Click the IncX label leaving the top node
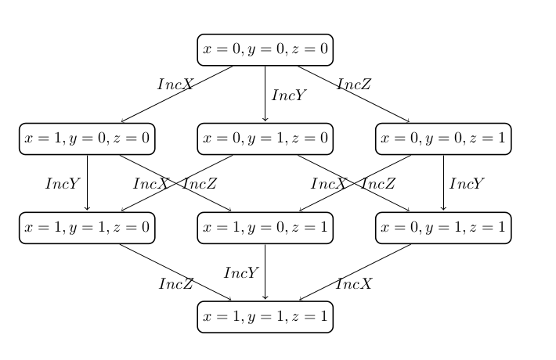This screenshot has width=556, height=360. [x=175, y=85]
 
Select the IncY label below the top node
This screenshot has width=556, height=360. [x=288, y=95]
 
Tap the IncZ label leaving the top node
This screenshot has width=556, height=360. [x=354, y=85]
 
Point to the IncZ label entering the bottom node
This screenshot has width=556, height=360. [x=176, y=283]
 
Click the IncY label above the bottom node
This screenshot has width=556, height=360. [x=241, y=273]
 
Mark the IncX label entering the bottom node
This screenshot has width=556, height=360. [x=354, y=283]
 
